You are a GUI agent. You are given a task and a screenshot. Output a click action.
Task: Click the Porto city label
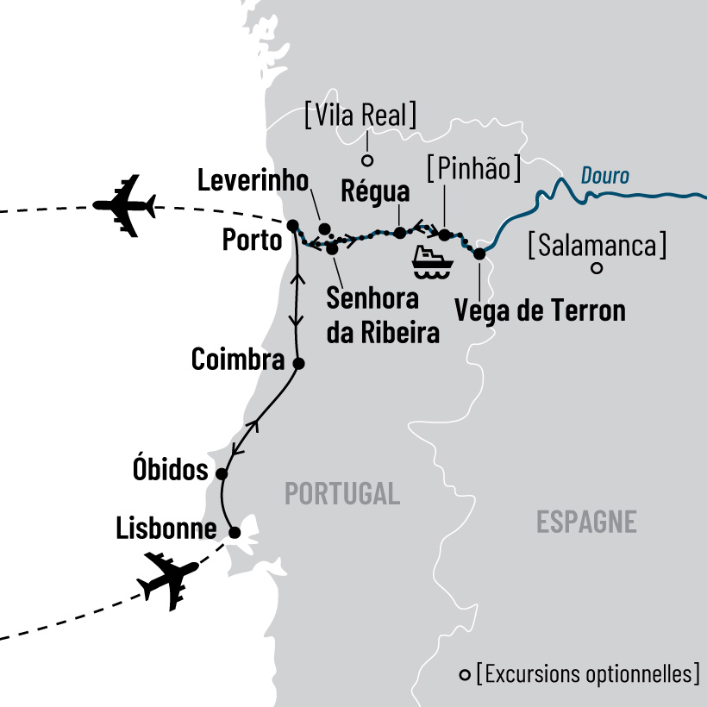[252, 241]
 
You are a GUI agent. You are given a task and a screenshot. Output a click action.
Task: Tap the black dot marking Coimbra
[299, 363]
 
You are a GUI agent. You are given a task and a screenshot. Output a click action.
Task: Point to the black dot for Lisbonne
[234, 532]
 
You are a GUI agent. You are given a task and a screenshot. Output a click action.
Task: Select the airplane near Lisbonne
[167, 582]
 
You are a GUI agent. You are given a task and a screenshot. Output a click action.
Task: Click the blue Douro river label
[604, 176]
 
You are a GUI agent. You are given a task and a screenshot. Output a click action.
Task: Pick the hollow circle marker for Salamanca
[596, 269]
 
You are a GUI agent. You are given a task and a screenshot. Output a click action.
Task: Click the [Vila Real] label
[361, 115]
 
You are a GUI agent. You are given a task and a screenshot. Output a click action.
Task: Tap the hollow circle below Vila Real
[366, 160]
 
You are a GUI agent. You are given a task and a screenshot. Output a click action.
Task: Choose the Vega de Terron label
[539, 310]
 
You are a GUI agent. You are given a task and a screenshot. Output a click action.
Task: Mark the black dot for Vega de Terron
[479, 253]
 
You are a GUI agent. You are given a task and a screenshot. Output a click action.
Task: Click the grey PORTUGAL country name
[342, 494]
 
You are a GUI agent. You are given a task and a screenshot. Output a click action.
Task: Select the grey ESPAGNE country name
[586, 522]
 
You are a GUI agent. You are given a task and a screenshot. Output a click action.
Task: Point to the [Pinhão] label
[474, 168]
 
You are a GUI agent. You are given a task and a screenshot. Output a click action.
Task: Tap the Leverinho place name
[253, 181]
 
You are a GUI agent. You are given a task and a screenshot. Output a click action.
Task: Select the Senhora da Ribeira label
[384, 316]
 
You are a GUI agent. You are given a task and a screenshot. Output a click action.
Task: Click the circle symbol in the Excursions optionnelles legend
[466, 674]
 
